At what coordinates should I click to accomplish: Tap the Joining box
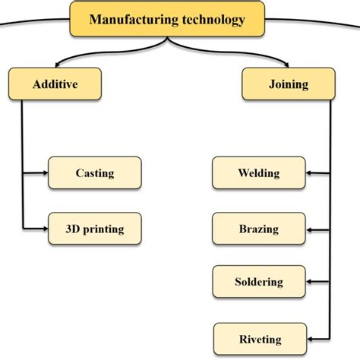[288, 84]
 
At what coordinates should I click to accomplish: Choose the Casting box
[95, 172]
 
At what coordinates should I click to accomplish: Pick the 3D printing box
[95, 227]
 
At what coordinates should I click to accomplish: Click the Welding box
[258, 172]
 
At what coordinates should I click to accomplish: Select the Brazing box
[258, 229]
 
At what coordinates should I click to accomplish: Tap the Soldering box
[258, 282]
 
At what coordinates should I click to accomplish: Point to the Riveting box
[258, 339]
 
